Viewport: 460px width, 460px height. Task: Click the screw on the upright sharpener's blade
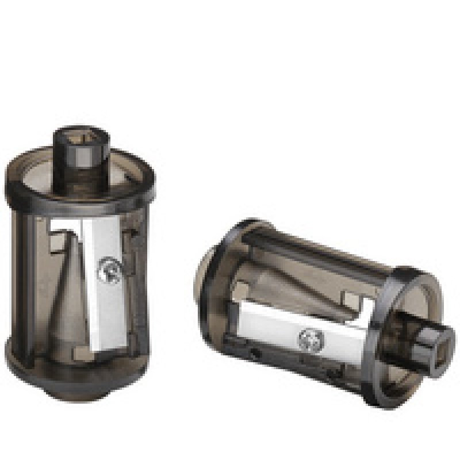pyautogui.click(x=108, y=268)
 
